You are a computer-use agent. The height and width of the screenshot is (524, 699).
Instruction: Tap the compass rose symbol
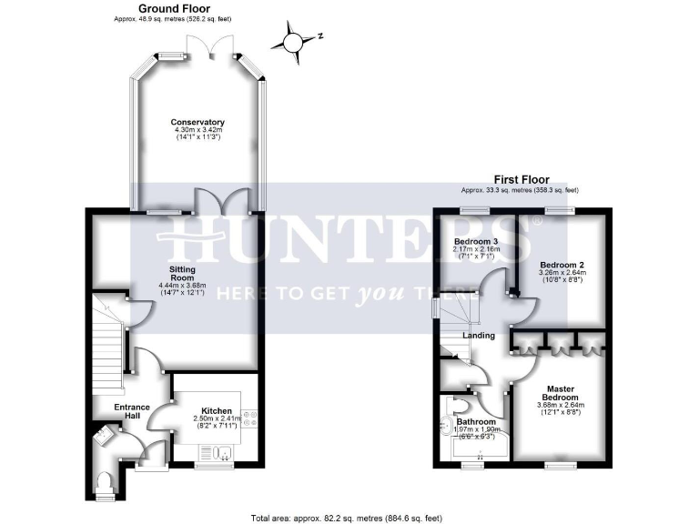[x=293, y=41]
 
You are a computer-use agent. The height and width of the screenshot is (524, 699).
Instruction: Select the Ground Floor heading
[x=172, y=8]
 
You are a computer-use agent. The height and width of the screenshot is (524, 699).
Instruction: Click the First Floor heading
[x=519, y=180]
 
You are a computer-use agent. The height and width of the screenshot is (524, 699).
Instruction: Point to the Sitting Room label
[x=183, y=275]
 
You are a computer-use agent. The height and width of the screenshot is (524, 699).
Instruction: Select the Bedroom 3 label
[x=473, y=241]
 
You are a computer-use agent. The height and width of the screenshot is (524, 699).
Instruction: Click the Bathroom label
[x=476, y=422]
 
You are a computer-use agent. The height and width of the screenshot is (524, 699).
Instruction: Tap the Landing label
[x=479, y=336]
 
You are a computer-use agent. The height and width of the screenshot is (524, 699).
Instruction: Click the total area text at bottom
[x=348, y=517]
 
